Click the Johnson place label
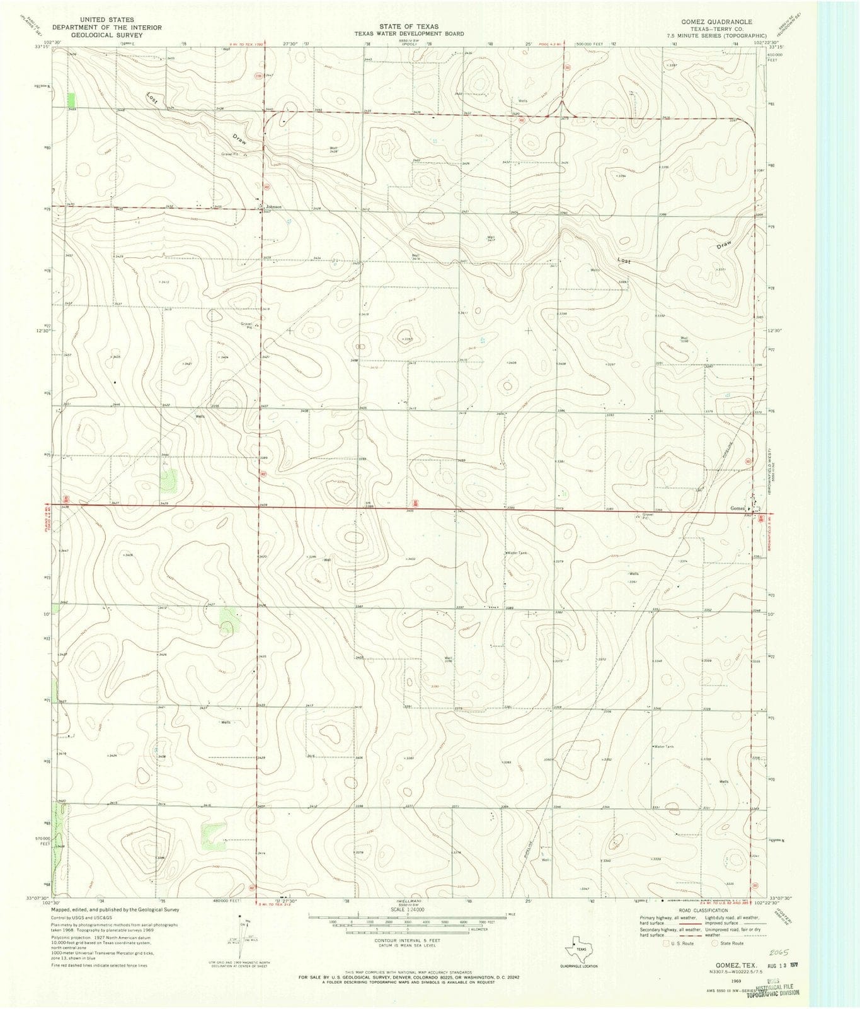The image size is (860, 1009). click(273, 207)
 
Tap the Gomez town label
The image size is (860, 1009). click(737, 508)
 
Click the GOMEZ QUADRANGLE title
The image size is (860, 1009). click(720, 21)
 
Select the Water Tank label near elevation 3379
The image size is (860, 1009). click(515, 553)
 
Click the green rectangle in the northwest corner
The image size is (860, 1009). click(71, 100)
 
